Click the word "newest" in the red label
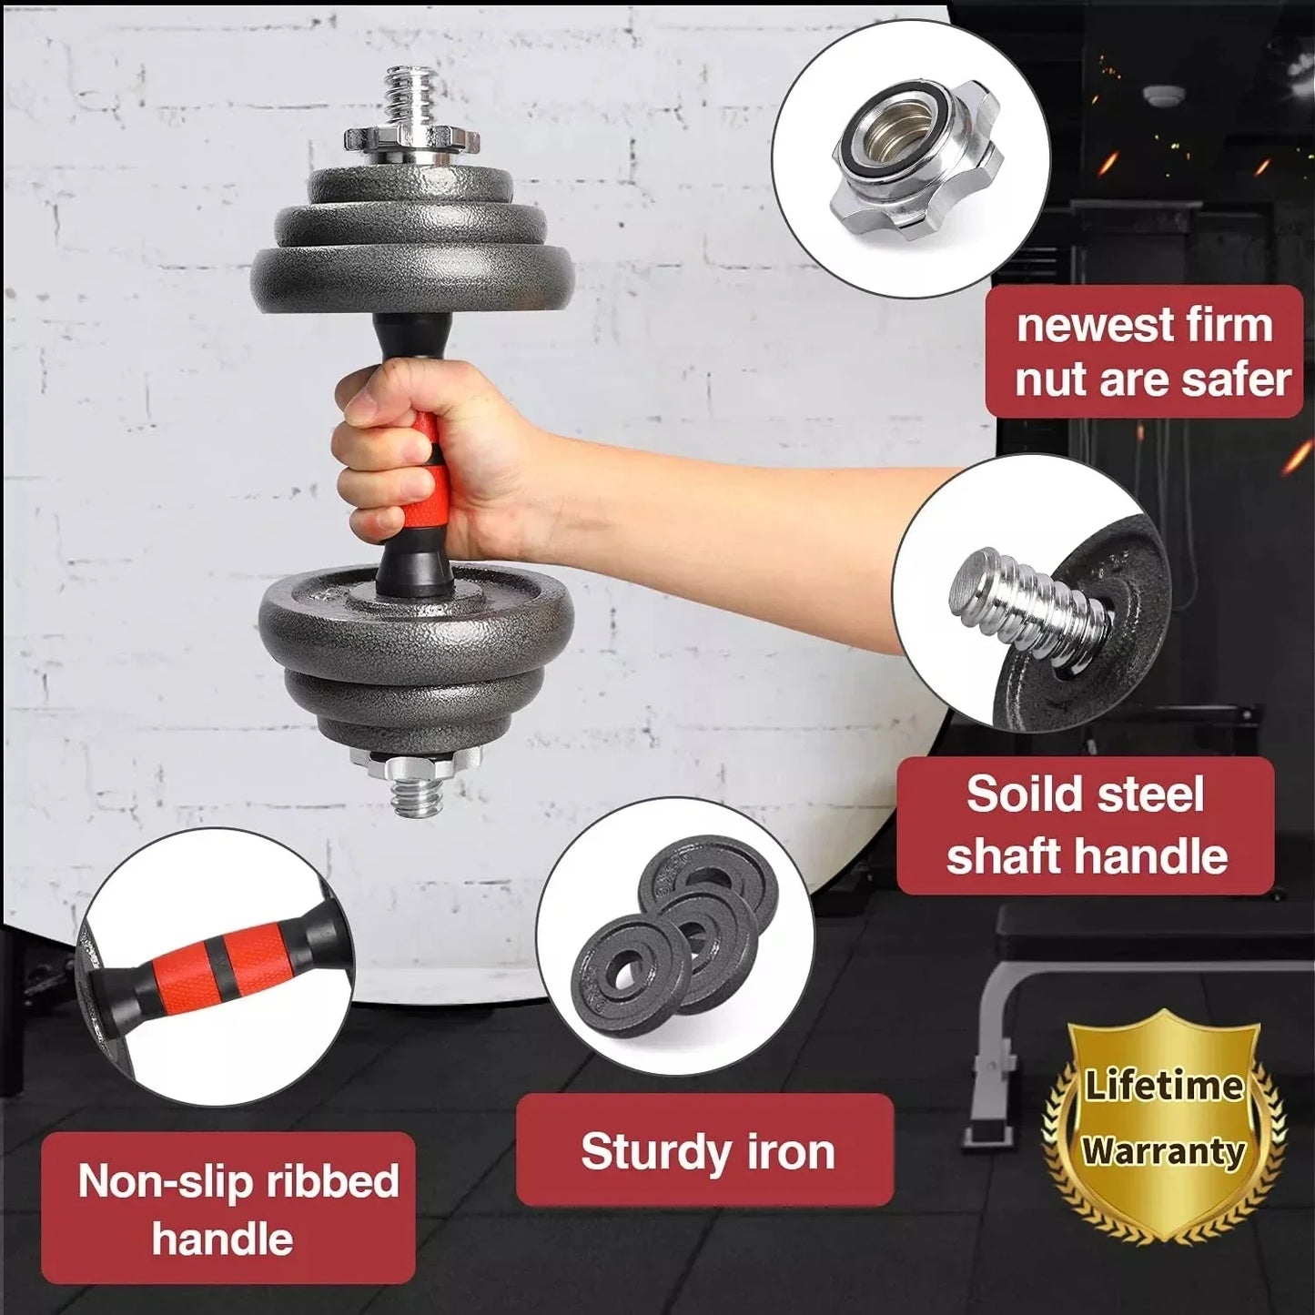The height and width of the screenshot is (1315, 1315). pos(1085,325)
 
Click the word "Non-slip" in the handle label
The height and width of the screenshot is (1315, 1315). pos(165,1181)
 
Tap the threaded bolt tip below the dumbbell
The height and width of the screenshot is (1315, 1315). pos(416,798)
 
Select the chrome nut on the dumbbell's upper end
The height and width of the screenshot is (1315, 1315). pos(412,143)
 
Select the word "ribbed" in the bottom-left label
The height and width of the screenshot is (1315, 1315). pos(332,1181)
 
